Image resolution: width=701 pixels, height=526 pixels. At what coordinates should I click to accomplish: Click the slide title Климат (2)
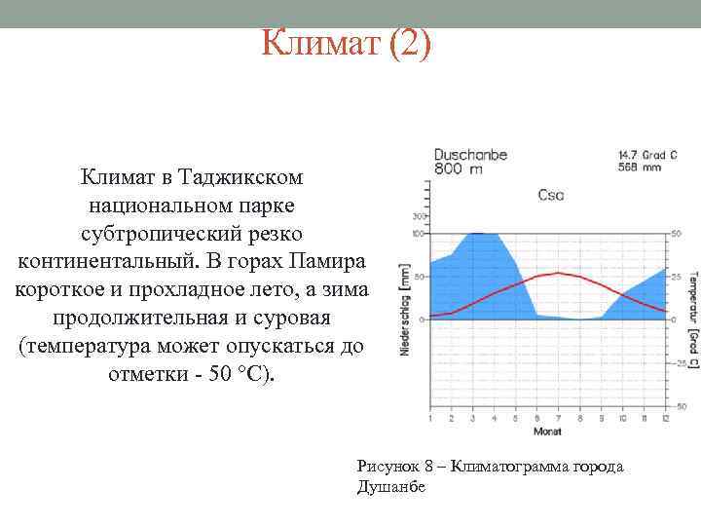(x=346, y=44)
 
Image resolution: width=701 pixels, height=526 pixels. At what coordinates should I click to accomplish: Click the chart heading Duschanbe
(x=470, y=154)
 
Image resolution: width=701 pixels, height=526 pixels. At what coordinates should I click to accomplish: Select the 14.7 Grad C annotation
(x=647, y=154)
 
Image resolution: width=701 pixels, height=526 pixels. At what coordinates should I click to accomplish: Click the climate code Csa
(x=551, y=195)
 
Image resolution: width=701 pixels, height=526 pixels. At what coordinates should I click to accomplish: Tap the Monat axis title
(x=546, y=432)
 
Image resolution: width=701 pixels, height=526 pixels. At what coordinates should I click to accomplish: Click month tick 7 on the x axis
(x=557, y=418)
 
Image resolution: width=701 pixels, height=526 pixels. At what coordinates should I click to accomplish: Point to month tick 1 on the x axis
(x=430, y=418)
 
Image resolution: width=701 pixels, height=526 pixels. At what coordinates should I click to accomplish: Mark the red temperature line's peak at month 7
(x=557, y=273)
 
